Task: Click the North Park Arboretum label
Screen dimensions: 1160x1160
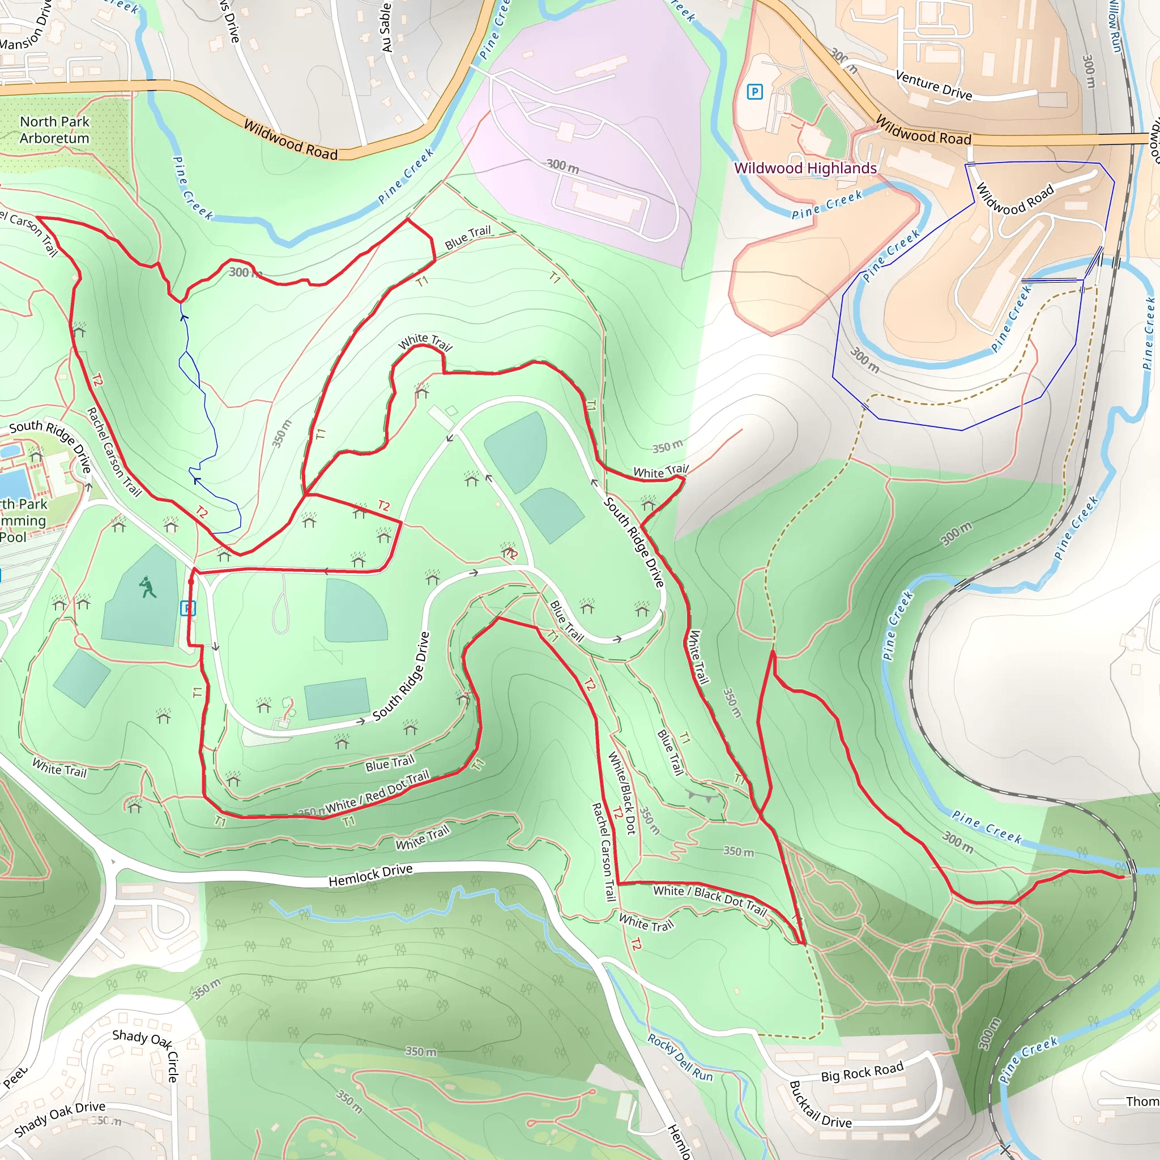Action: point(54,130)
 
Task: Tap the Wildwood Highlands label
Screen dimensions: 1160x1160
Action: point(805,168)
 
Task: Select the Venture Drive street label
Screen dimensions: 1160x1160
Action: point(933,84)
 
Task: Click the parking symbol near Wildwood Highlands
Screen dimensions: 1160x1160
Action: point(754,92)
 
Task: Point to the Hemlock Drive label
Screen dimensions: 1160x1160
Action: point(370,876)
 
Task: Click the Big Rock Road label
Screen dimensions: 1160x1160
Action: point(862,1072)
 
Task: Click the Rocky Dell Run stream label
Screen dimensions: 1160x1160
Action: point(680,1058)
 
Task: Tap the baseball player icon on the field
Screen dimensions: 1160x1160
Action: point(147,587)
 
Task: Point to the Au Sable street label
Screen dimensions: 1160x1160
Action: point(386,27)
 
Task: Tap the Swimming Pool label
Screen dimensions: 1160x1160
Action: point(23,521)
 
